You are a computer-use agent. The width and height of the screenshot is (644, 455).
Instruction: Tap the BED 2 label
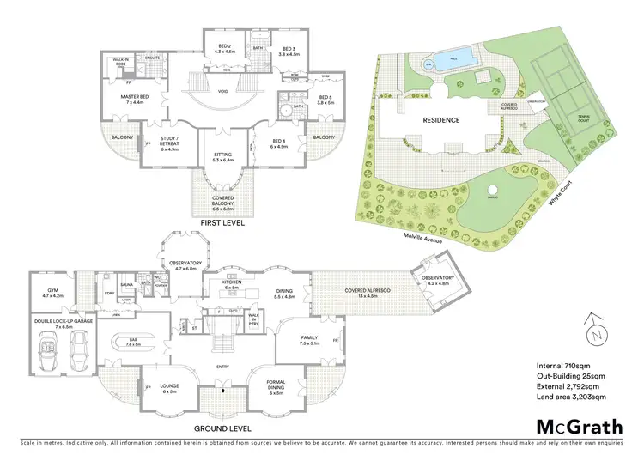pyautogui.click(x=224, y=49)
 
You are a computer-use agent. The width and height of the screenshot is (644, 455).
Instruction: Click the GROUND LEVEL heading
pyautogui.click(x=222, y=428)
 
